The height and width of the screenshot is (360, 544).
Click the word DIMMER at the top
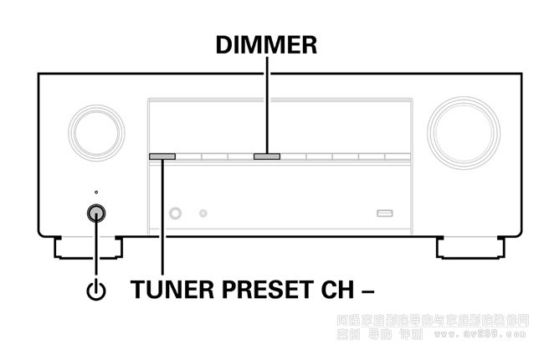pyautogui.click(x=266, y=45)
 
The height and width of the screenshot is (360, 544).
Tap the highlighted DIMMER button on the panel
pyautogui.click(x=267, y=156)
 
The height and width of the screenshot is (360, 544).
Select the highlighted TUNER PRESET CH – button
pyautogui.click(x=162, y=156)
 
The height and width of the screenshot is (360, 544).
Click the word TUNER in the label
pyautogui.click(x=170, y=290)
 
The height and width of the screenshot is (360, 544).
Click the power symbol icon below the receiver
pyautogui.click(x=97, y=291)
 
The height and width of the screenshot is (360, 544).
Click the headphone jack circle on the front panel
pyautogui.click(x=176, y=213)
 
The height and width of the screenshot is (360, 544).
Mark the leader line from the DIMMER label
pyautogui.click(x=267, y=105)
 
